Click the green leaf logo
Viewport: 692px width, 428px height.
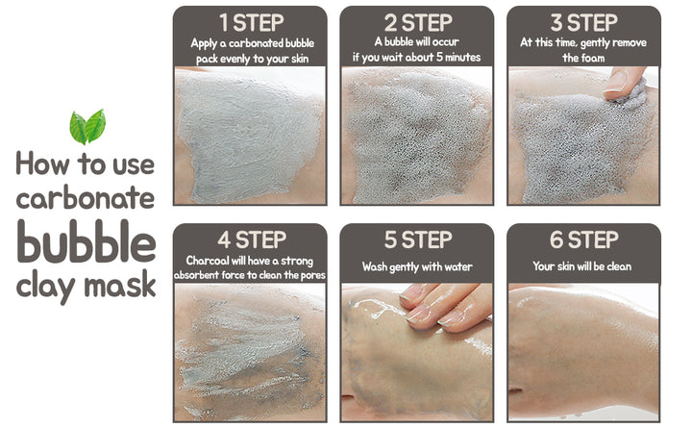pyautogui.click(x=87, y=127)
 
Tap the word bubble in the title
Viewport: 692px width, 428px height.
pyautogui.click(x=86, y=241)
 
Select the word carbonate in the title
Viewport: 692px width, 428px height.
pyautogui.click(x=86, y=197)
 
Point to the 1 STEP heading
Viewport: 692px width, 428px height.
pyautogui.click(x=252, y=22)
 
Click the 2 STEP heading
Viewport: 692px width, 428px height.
pyautogui.click(x=418, y=22)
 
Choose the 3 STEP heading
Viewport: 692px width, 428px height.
pyautogui.click(x=584, y=22)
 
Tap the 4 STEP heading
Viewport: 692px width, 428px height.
pyautogui.click(x=252, y=239)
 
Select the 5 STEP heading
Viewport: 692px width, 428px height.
pyautogui.click(x=418, y=239)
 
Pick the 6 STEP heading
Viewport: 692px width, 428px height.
pyautogui.click(x=584, y=239)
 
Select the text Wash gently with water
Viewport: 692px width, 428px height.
pyautogui.click(x=417, y=266)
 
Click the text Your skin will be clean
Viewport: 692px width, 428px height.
pyautogui.click(x=582, y=266)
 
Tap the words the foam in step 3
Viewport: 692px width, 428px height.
pyautogui.click(x=583, y=58)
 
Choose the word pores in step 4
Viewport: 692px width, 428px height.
pyautogui.click(x=313, y=276)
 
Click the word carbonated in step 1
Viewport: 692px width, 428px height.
pyautogui.click(x=256, y=43)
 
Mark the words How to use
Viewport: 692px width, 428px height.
pyautogui.click(x=86, y=164)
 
